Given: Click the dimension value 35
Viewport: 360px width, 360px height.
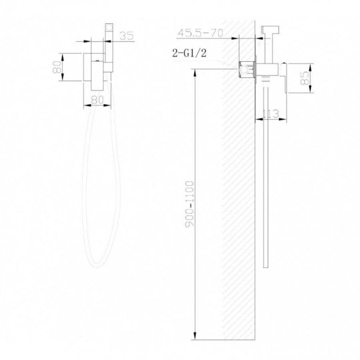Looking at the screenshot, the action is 126,36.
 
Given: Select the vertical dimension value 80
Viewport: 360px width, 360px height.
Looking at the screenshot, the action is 57,67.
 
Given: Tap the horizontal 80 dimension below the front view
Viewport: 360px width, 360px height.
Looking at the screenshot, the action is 97,100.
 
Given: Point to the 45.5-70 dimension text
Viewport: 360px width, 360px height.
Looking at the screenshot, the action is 200,33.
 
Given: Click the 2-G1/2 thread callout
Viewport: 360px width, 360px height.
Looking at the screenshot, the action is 189,53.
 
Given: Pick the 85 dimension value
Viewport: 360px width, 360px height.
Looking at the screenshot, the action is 305,78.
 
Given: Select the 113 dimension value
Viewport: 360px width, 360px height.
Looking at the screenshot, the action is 270,114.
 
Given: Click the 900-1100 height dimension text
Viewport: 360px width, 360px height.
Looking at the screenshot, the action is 190,204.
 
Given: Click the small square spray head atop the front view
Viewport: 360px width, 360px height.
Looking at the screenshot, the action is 109,28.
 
